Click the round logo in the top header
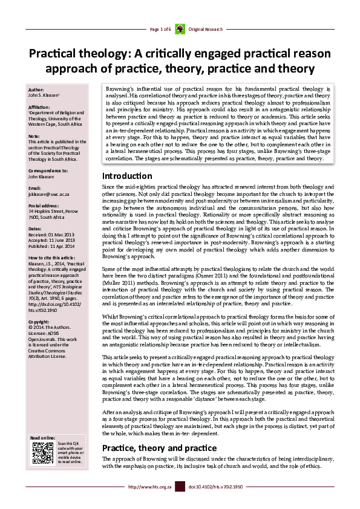[x=180, y=29]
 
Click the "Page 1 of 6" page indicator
[x=161, y=29]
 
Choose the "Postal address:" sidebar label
[x=43, y=206]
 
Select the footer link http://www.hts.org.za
[x=150, y=486]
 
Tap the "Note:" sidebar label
[x=34, y=135]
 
